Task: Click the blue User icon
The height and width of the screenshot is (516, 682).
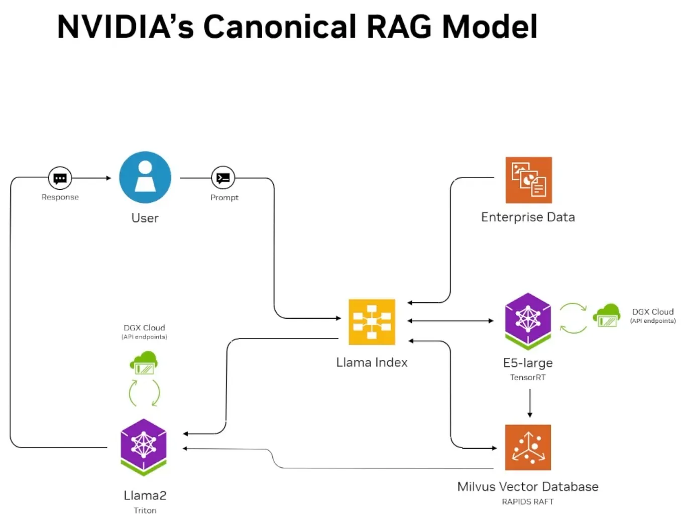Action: (145, 177)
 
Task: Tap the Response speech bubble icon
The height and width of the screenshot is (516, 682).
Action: (60, 178)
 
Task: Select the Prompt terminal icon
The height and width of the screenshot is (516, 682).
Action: (223, 178)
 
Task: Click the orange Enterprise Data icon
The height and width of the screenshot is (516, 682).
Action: (528, 180)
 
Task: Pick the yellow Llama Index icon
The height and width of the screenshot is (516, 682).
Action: (372, 322)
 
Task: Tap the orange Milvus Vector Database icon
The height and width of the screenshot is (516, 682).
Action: (528, 447)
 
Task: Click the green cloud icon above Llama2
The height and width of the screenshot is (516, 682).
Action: (144, 362)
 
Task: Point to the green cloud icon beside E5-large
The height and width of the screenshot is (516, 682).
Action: (607, 315)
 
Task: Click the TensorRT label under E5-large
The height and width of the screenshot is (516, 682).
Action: (527, 377)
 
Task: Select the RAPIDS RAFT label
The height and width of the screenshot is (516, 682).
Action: (527, 501)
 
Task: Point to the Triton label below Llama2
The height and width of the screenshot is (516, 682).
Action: (145, 510)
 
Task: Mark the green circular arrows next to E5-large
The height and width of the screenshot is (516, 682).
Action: (573, 318)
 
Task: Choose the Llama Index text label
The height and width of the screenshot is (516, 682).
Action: (372, 362)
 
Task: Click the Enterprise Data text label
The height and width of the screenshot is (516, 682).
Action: (528, 217)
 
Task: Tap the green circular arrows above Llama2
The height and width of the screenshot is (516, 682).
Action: (144, 393)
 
